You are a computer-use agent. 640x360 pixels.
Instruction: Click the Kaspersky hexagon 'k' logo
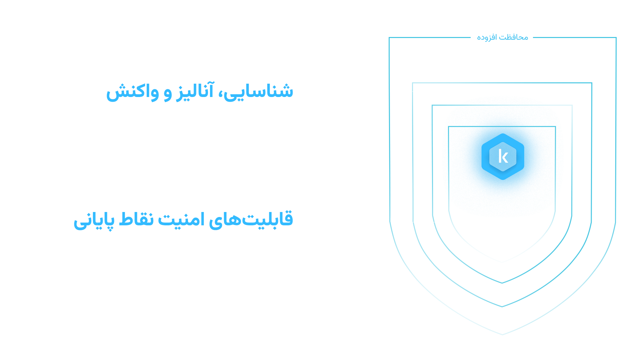click(503, 156)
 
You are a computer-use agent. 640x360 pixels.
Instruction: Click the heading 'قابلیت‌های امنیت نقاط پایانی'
click(183, 220)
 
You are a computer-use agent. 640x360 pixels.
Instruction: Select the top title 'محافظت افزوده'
click(503, 37)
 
